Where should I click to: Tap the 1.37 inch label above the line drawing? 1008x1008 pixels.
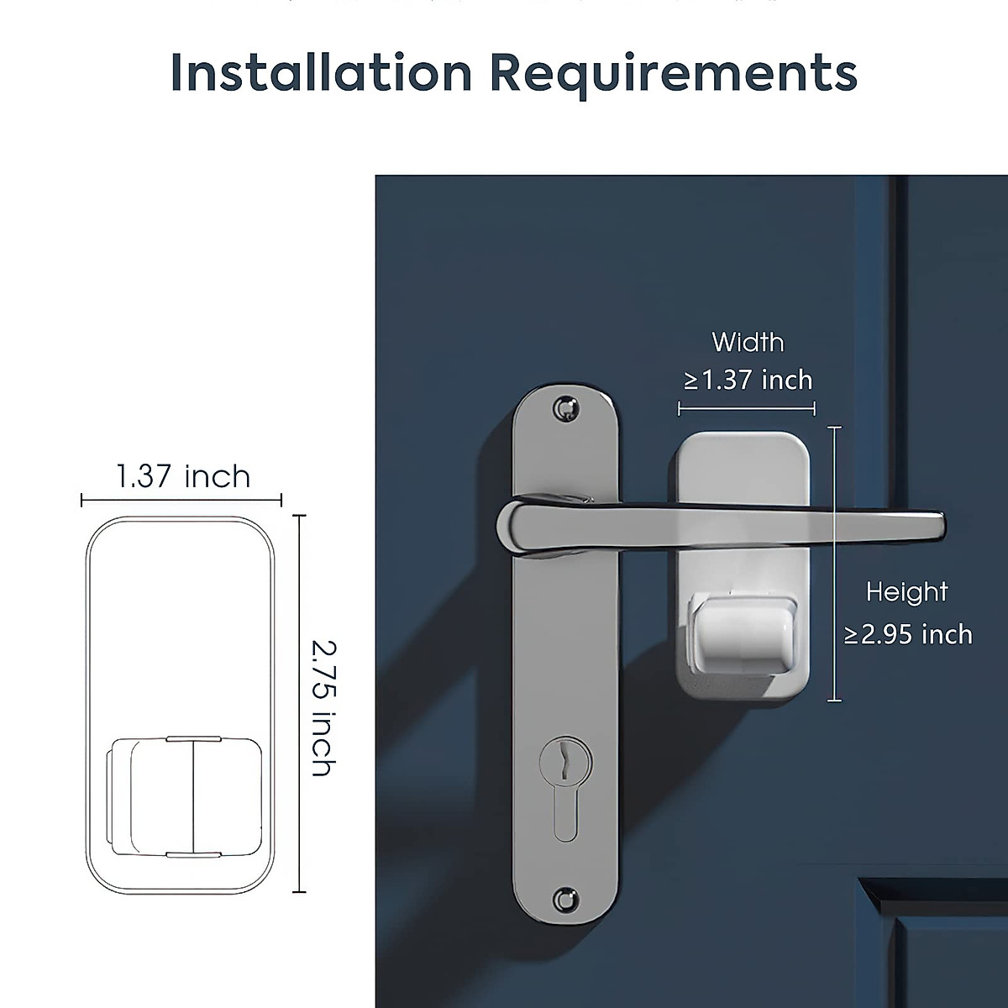point(183,477)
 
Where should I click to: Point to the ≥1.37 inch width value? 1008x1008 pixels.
point(748,381)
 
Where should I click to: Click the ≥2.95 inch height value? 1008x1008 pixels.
point(908,634)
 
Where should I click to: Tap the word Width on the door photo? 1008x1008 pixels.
point(748,343)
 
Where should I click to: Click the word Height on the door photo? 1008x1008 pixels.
point(906,592)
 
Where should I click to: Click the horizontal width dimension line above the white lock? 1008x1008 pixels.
point(747,409)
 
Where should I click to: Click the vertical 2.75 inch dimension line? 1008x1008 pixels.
point(301,704)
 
